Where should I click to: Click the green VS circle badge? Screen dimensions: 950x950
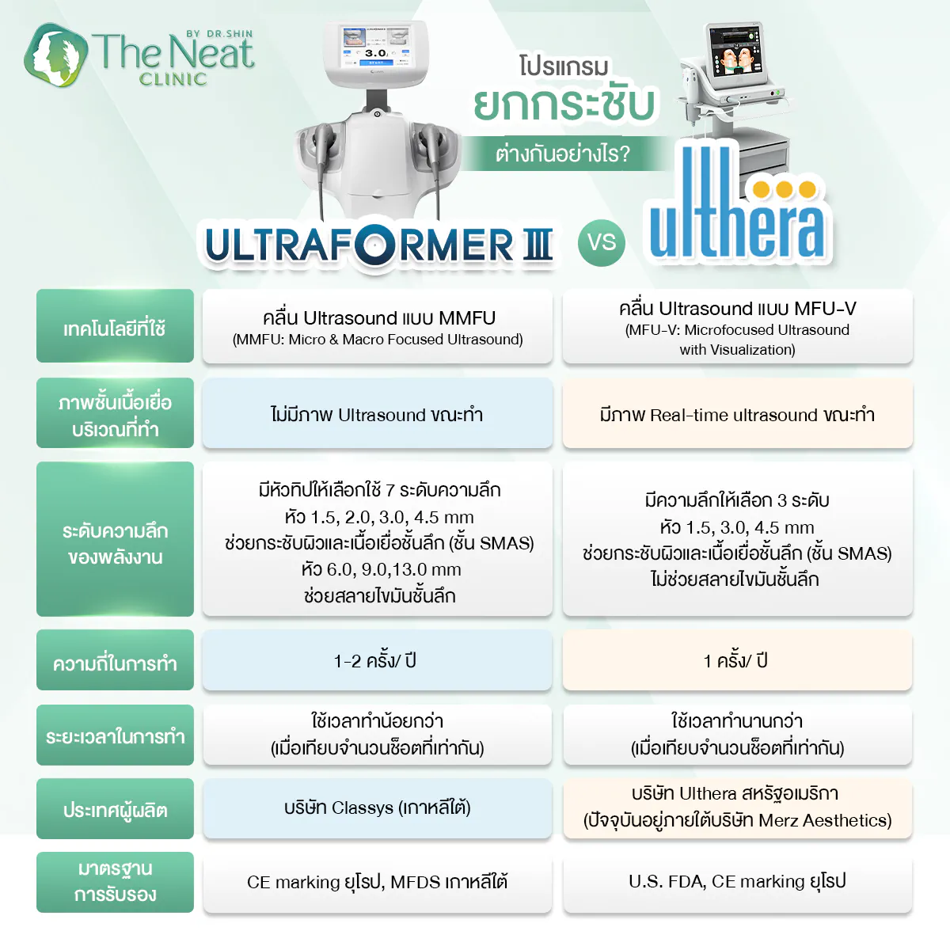(602, 242)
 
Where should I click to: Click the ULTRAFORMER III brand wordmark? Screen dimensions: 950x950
(378, 245)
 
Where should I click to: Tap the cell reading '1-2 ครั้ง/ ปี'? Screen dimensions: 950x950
(377, 660)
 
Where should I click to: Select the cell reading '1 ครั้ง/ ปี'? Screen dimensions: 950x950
(737, 660)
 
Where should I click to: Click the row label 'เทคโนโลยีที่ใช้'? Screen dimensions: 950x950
(115, 326)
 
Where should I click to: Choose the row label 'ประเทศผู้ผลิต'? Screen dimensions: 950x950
(115, 808)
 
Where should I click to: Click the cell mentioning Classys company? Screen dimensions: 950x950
(377, 808)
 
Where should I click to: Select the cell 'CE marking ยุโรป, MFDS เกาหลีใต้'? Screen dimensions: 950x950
(377, 882)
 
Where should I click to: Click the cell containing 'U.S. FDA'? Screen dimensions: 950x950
(737, 882)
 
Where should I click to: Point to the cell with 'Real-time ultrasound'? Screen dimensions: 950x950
(737, 415)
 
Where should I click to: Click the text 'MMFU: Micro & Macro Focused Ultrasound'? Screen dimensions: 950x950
(378, 340)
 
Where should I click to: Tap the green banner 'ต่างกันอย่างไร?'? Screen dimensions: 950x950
(563, 153)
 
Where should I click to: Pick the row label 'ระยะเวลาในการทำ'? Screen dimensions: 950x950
(115, 735)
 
